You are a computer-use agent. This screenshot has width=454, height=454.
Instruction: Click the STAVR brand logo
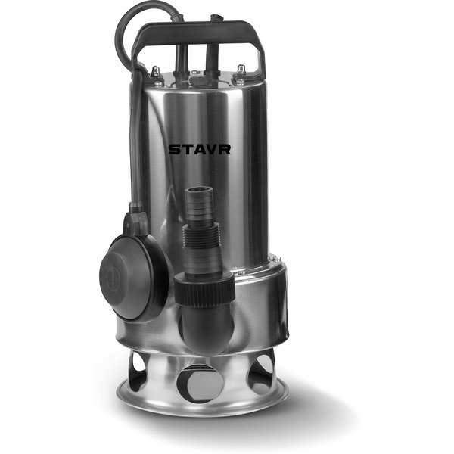click(200, 149)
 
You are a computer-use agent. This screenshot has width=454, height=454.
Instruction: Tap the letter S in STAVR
click(174, 149)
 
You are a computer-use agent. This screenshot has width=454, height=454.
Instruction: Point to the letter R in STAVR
click(225, 149)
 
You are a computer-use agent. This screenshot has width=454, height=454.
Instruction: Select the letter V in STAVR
click(212, 149)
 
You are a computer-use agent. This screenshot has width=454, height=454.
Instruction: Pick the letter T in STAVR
click(186, 149)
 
